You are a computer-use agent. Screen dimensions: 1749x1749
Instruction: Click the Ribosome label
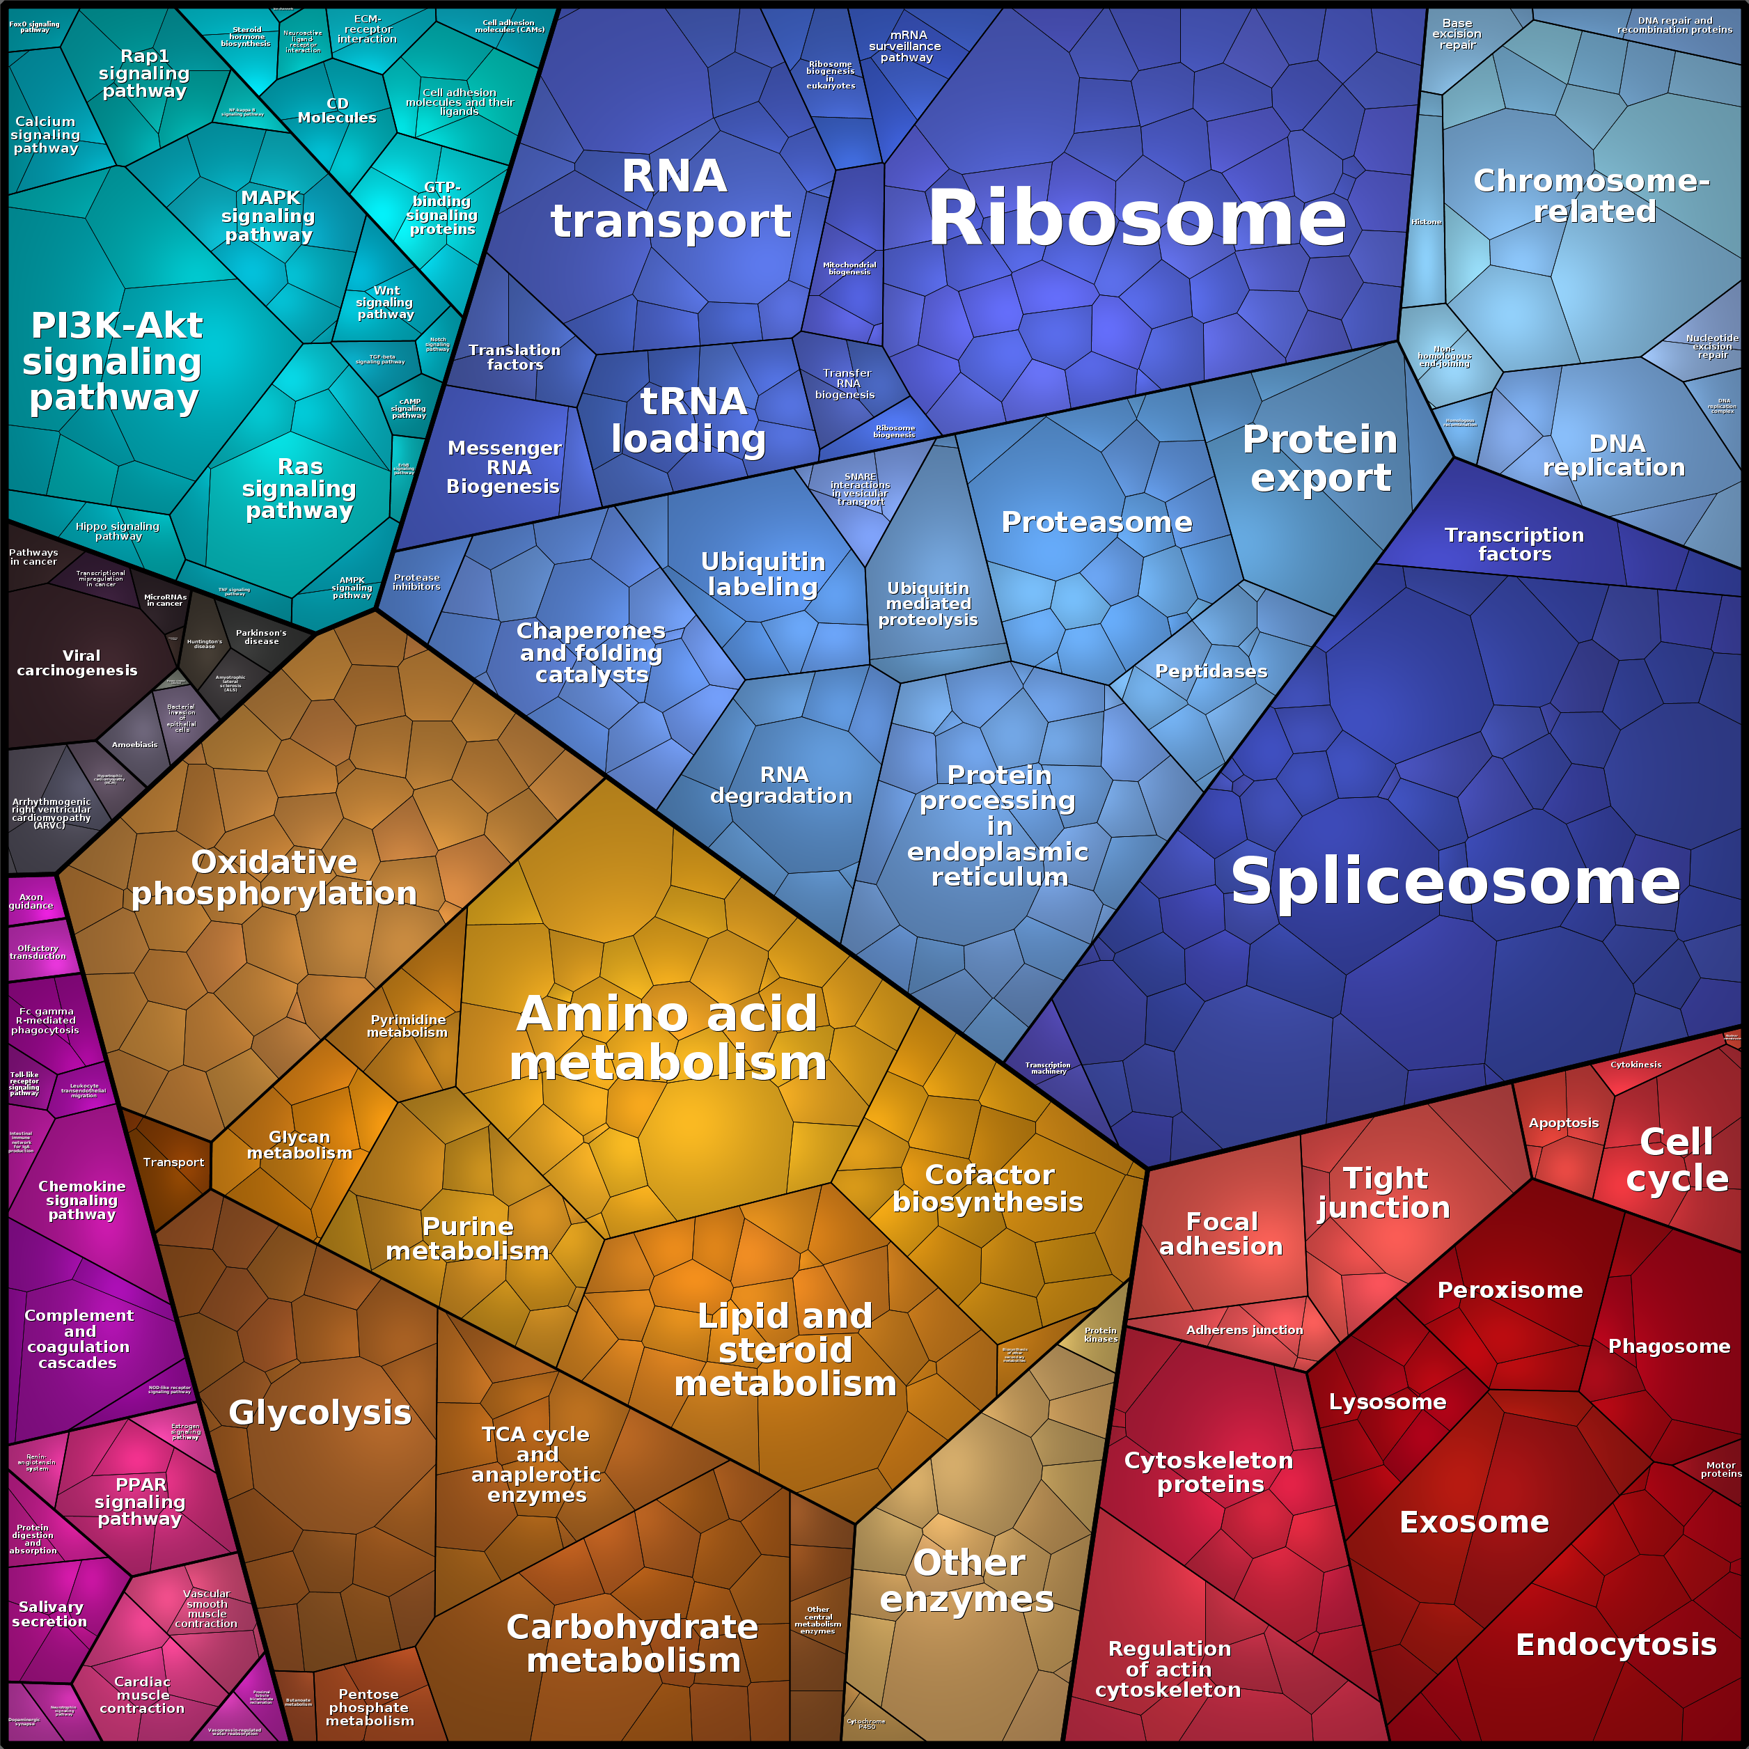1137,219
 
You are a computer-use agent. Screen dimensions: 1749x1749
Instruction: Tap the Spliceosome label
1454,881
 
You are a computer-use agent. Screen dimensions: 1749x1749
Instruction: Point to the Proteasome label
1097,522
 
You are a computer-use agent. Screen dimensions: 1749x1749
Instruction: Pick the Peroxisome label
1510,1290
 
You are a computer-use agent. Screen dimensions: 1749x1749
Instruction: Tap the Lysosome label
1387,1402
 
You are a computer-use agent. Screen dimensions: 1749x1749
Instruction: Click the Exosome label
1474,1522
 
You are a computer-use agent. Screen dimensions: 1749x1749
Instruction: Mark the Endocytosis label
1616,1644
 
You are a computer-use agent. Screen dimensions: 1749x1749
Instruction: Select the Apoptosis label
1563,1122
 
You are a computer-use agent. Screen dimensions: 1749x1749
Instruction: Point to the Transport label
173,1162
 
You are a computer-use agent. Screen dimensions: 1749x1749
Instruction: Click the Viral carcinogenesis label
78,663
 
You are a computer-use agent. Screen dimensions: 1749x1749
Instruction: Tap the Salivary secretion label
50,1614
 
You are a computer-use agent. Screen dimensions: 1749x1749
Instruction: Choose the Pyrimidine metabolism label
407,1026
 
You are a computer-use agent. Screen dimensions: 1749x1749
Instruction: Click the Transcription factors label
1514,544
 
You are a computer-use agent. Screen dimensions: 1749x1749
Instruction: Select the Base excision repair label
1457,34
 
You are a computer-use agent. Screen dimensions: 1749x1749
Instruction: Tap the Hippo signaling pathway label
118,531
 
